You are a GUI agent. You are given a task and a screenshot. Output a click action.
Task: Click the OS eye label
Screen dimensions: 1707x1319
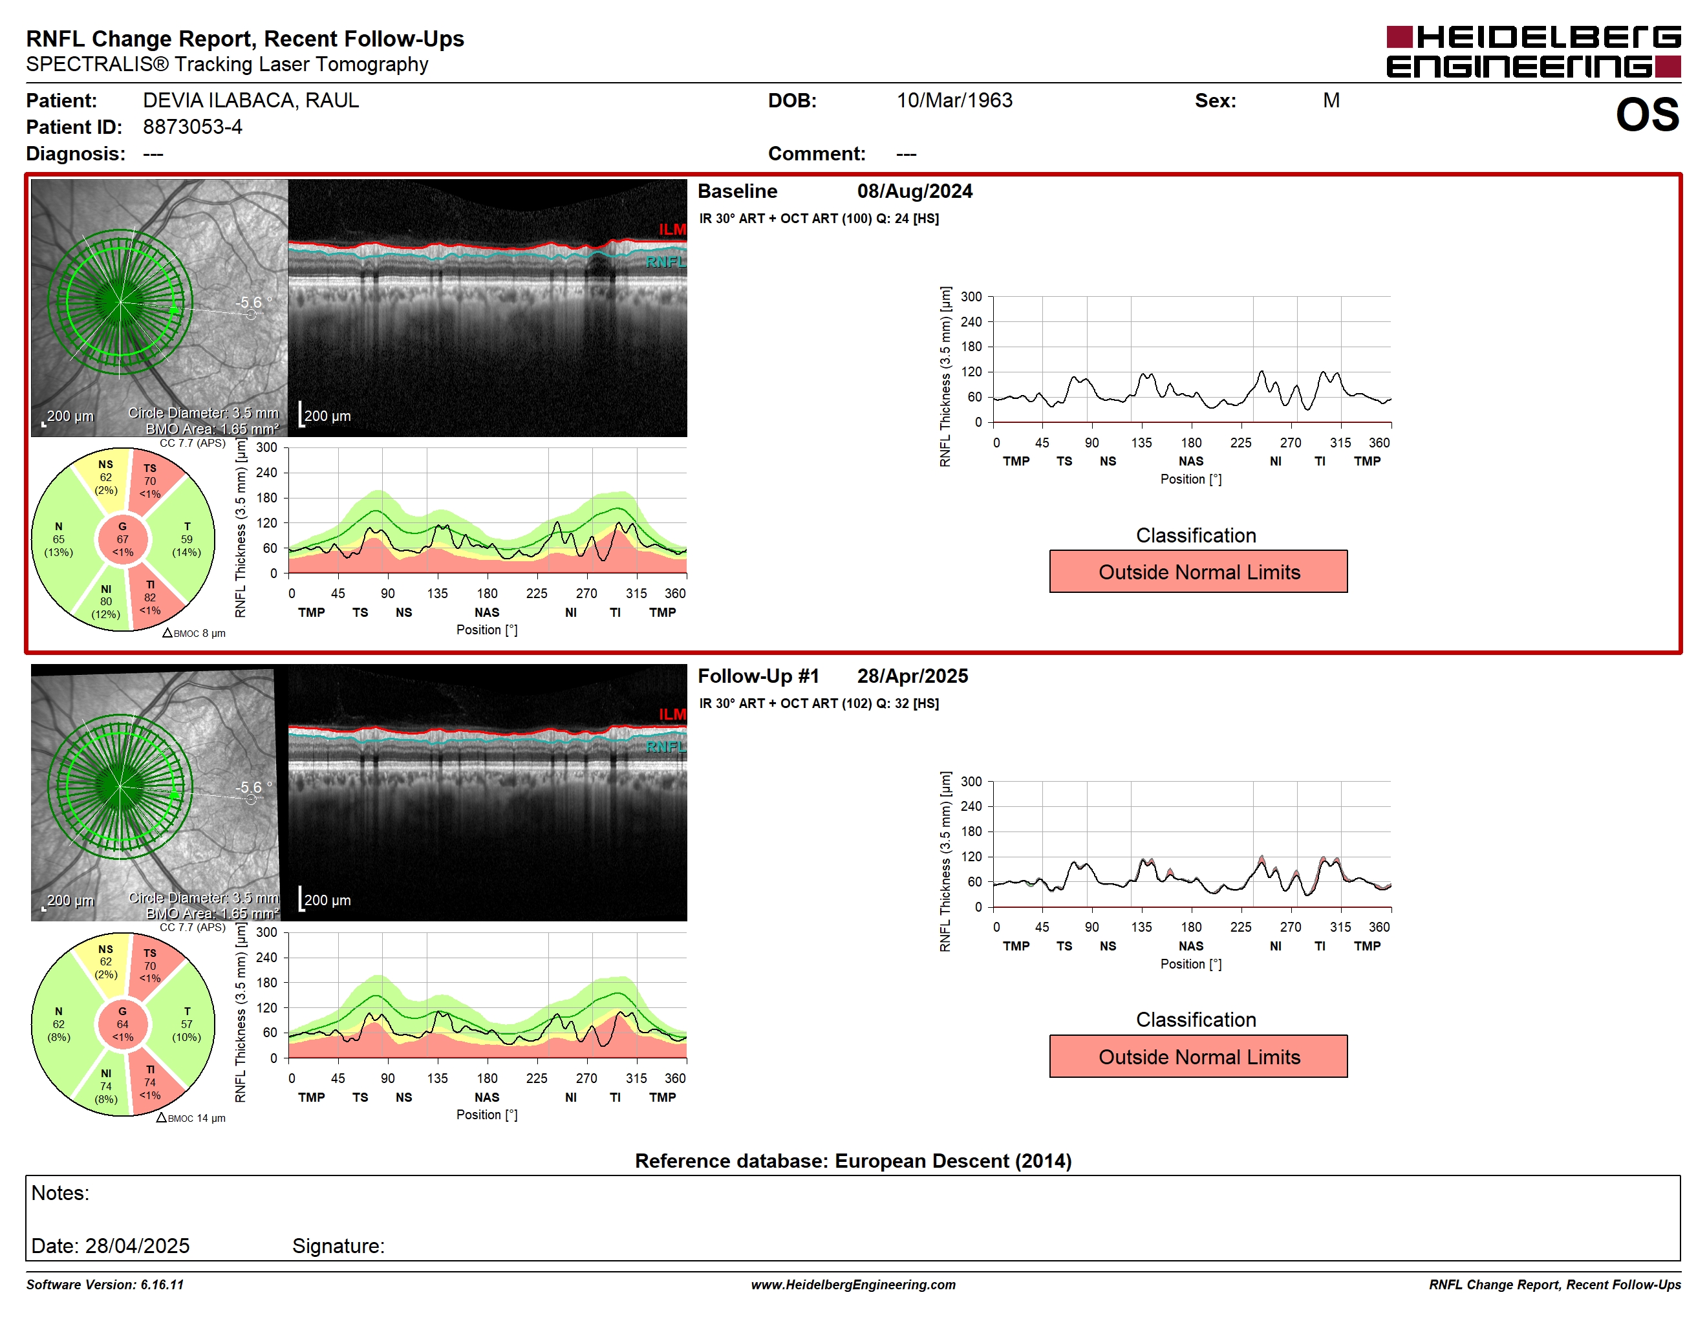click(1647, 115)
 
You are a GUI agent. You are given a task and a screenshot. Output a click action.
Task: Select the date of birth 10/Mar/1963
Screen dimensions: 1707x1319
click(954, 101)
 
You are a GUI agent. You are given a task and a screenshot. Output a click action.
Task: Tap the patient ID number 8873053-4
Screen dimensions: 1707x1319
click(192, 127)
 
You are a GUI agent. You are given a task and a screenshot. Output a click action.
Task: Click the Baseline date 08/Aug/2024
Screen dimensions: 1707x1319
click(914, 191)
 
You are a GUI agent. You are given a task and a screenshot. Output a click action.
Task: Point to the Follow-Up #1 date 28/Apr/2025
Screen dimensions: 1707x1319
click(912, 676)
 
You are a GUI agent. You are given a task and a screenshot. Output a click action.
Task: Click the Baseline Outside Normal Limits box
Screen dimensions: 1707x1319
click(1197, 571)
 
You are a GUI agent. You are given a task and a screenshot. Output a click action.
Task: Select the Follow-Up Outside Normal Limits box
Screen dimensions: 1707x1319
click(1197, 1056)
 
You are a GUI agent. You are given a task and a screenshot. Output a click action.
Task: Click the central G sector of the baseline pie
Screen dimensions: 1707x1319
click(123, 539)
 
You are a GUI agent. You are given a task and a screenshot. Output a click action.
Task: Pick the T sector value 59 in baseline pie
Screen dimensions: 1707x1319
click(187, 539)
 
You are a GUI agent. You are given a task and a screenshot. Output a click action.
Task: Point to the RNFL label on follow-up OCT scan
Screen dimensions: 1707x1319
click(665, 746)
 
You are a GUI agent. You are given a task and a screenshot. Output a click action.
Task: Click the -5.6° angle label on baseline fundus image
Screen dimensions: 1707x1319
click(253, 303)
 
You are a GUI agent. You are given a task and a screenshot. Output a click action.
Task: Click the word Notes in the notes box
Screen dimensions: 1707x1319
click(60, 1193)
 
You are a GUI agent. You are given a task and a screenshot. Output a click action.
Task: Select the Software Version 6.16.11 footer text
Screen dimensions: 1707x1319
click(105, 1285)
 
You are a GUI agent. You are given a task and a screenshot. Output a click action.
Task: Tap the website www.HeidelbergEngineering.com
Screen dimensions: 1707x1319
click(853, 1285)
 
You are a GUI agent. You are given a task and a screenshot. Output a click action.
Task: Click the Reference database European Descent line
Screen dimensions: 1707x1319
click(853, 1161)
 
